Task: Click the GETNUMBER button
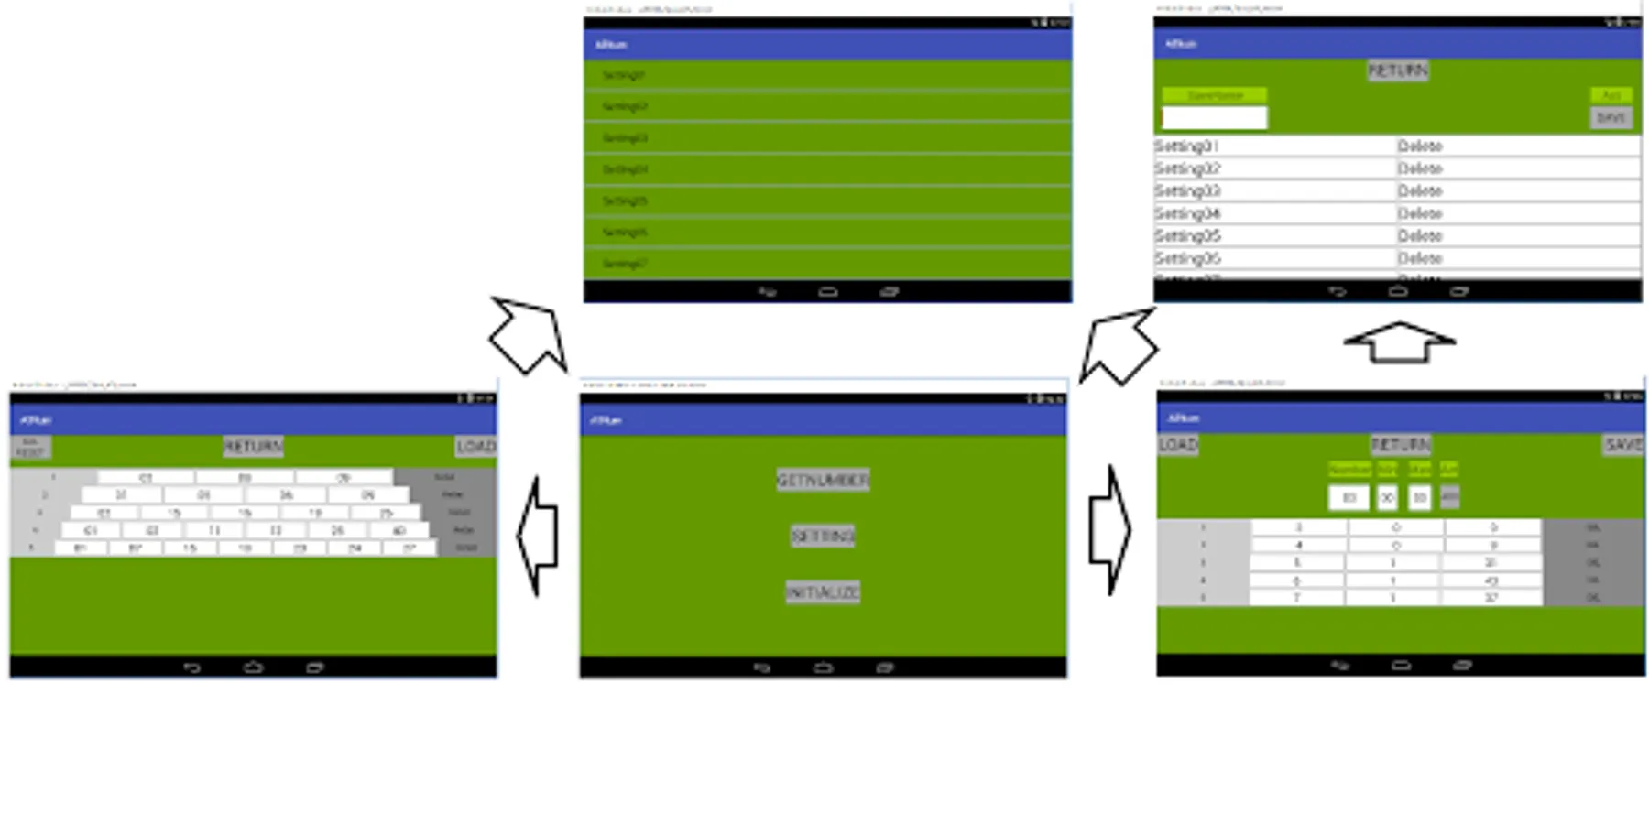823,480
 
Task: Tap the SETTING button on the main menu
823,536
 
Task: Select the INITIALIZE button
823,592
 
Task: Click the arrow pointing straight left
538,537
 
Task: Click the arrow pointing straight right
1109,530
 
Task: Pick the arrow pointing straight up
1399,342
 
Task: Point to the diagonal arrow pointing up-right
1119,345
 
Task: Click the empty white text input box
1214,117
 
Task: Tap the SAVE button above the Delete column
1610,117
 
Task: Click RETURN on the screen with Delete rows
1397,70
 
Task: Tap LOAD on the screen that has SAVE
1177,445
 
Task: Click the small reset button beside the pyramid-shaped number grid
30,447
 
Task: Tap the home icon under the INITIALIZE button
823,667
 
